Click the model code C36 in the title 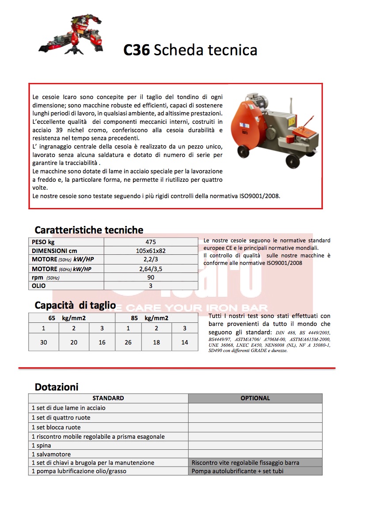click(137, 50)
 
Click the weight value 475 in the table click(151, 242)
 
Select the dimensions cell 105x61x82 click(151, 251)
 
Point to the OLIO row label click(39, 286)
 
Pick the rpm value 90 click(151, 277)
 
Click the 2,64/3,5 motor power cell click(151, 268)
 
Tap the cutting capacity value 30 click(44, 342)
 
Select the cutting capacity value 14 click(185, 342)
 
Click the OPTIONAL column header click(255, 398)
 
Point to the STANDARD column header click(108, 398)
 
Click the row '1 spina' click(42, 445)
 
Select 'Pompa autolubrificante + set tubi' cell click(237, 471)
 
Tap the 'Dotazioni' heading click(57, 387)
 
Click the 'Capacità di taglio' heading click(75, 305)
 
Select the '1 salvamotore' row click(51, 454)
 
